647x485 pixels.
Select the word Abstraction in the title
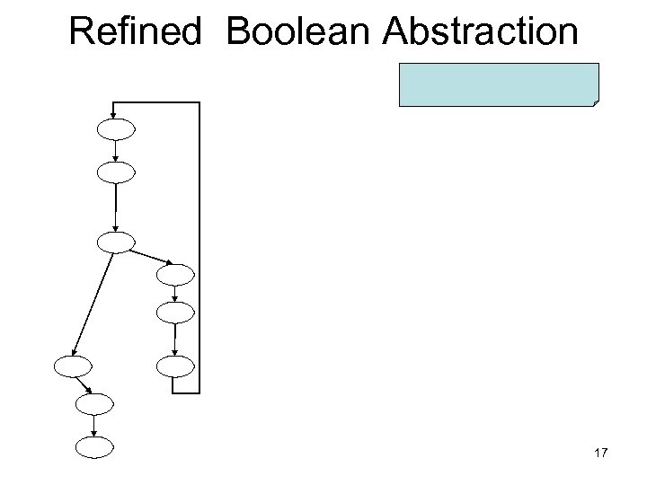[x=480, y=32]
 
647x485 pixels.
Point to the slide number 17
[x=601, y=454]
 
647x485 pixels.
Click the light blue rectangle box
[x=499, y=85]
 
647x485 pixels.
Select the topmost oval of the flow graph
[x=116, y=129]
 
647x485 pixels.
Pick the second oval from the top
[x=116, y=171]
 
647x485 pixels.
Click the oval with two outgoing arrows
[x=116, y=242]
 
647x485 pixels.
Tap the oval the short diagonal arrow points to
[x=175, y=273]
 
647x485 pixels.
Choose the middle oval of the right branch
[x=175, y=313]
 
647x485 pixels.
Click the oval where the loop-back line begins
[x=175, y=366]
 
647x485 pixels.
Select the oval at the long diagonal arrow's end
[x=73, y=366]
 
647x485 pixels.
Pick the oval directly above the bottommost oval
[x=95, y=404]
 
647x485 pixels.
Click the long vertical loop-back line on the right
[x=199, y=247]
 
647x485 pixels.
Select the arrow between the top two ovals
[x=116, y=150]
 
